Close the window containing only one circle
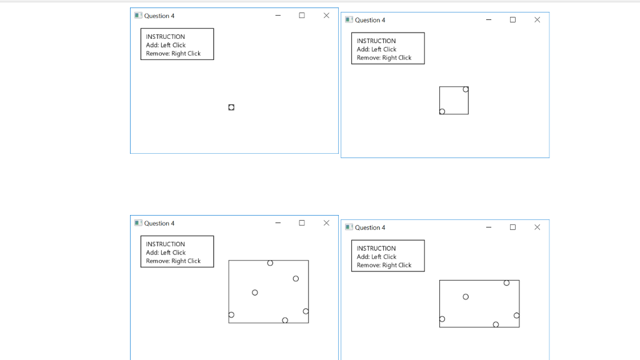326,16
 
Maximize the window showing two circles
512,19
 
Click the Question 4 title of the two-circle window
370,20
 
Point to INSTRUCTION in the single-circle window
165,37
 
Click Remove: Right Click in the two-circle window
384,58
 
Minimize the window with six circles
278,223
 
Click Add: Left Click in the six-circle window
166,252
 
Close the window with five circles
537,227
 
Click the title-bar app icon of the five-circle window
349,227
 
